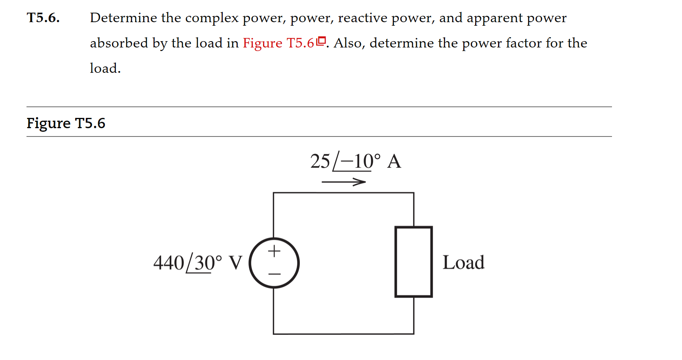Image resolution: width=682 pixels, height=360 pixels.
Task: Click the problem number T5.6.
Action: (43, 18)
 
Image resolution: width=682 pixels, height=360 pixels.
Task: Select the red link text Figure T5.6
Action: (278, 43)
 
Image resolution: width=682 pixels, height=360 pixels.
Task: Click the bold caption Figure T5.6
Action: (66, 123)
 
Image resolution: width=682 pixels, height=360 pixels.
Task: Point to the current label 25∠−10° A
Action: (355, 161)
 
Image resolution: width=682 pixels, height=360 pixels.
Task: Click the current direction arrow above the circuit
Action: (343, 182)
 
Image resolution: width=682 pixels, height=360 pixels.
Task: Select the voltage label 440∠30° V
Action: (197, 263)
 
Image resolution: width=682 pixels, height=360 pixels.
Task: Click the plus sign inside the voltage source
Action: (274, 251)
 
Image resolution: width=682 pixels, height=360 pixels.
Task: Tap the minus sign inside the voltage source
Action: (274, 274)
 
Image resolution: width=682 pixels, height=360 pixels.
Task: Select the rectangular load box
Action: (413, 261)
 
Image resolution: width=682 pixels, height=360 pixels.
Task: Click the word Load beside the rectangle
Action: (463, 262)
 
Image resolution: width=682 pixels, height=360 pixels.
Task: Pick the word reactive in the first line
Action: (362, 18)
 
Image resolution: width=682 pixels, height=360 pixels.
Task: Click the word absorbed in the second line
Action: (119, 43)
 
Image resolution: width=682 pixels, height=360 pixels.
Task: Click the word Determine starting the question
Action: (123, 18)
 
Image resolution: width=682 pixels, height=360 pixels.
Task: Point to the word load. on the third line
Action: (105, 68)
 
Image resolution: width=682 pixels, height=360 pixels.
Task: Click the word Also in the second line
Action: (348, 43)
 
